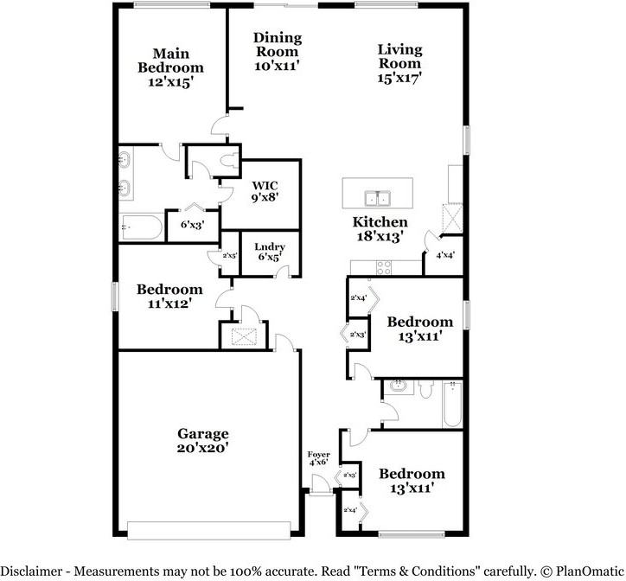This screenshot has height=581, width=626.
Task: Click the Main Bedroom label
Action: (171, 67)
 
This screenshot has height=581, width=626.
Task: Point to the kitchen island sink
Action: (378, 197)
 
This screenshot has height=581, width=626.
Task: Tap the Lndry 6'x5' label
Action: (269, 252)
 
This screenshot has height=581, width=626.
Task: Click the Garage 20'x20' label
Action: (203, 441)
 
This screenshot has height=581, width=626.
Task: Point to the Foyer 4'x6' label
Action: (318, 458)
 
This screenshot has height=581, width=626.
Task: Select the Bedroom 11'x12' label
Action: (170, 297)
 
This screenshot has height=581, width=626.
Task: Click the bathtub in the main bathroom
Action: (140, 227)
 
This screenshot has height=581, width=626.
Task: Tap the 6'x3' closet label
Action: (191, 224)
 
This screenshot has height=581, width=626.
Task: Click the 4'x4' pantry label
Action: (445, 256)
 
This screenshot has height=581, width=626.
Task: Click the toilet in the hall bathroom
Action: (426, 391)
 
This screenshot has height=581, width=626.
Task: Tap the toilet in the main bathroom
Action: (227, 160)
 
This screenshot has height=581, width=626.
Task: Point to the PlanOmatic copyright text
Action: (580, 571)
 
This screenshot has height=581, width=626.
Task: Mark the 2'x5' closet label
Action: (230, 255)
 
